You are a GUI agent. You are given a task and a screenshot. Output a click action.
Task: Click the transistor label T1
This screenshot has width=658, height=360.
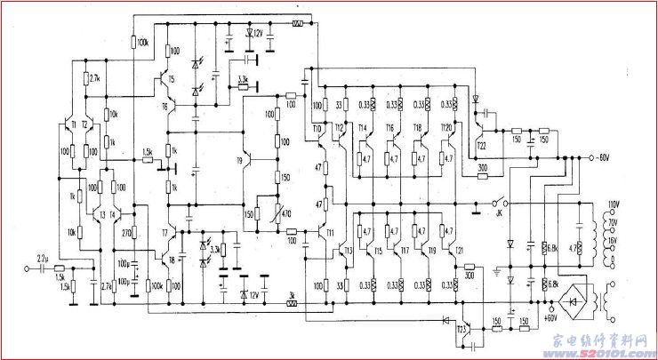click(x=74, y=124)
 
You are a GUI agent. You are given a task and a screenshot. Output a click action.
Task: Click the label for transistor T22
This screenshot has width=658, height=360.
click(x=482, y=145)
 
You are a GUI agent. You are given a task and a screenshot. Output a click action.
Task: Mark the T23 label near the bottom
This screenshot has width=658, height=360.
click(x=461, y=330)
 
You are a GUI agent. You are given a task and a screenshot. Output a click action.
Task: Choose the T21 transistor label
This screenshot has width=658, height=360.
click(x=460, y=252)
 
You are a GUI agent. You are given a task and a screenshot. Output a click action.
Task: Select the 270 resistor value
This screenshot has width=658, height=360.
click(x=126, y=234)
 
